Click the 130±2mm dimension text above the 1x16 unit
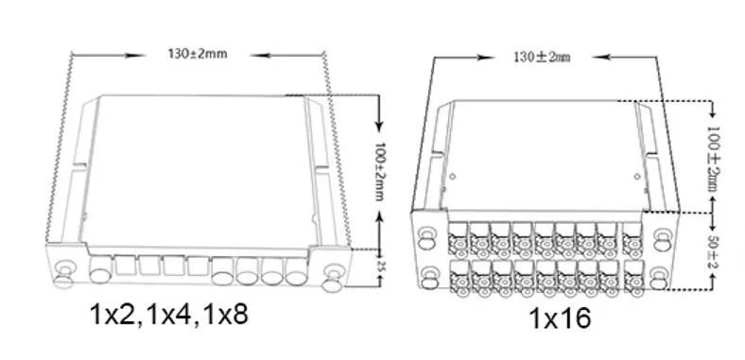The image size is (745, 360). click(x=542, y=58)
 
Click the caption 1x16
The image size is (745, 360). click(x=563, y=318)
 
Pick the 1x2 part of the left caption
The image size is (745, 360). click(x=112, y=313)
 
